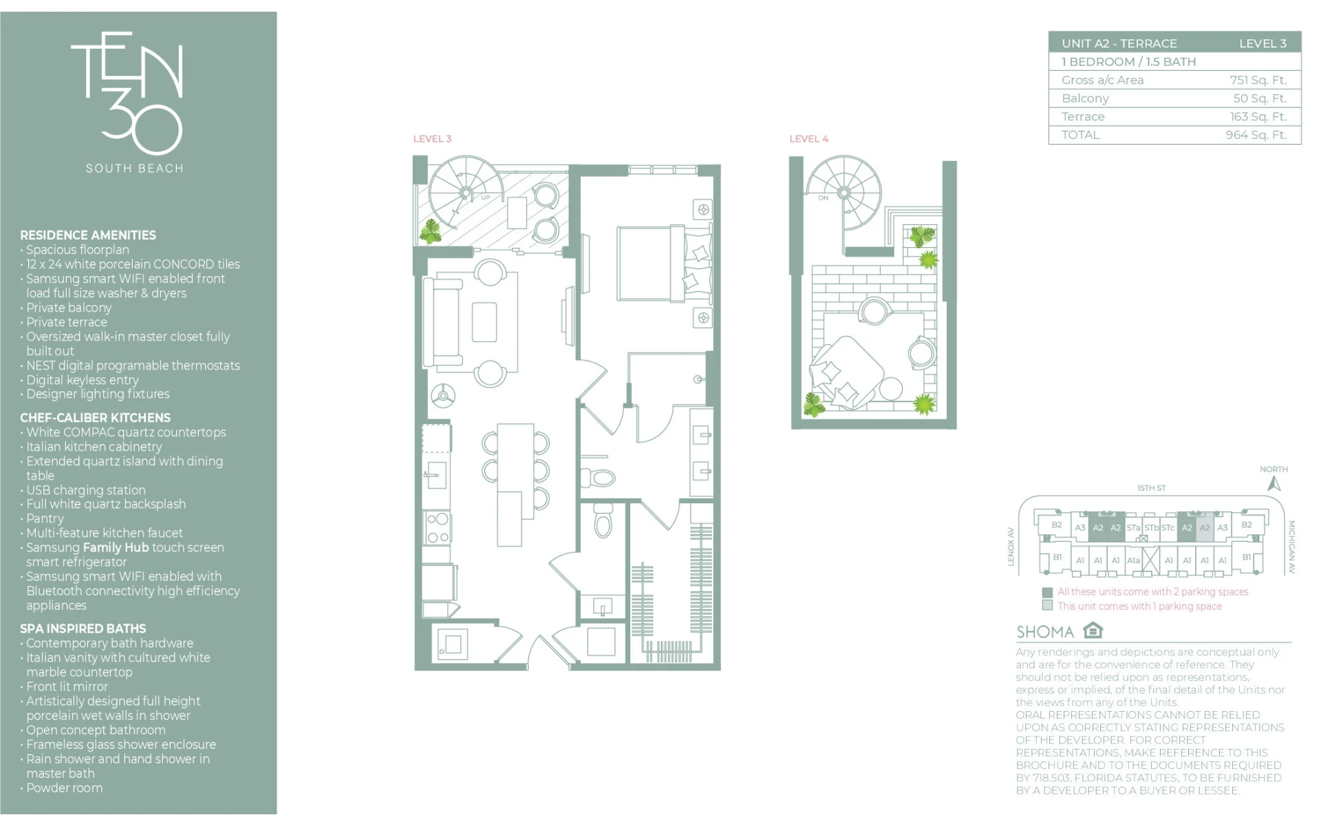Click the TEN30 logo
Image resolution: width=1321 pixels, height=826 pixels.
click(x=127, y=93)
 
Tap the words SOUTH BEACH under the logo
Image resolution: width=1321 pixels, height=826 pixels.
click(x=135, y=169)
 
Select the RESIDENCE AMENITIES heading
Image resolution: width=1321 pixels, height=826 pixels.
click(x=88, y=235)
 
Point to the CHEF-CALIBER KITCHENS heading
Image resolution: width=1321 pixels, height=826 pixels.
click(x=95, y=418)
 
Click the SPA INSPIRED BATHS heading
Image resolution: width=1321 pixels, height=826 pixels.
click(x=83, y=628)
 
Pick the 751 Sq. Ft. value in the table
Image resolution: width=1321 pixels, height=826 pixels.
click(x=1258, y=80)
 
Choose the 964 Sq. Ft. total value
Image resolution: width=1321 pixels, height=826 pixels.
click(x=1256, y=135)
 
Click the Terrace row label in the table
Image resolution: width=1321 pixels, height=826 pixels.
click(x=1083, y=117)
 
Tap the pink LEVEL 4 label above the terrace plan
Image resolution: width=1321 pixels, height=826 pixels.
click(x=808, y=139)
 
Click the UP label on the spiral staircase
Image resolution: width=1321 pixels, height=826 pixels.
click(x=486, y=198)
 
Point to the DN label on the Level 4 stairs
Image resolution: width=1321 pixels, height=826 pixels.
click(x=824, y=198)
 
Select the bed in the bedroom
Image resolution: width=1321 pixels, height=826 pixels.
click(x=664, y=263)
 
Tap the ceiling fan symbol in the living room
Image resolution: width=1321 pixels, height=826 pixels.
click(x=443, y=396)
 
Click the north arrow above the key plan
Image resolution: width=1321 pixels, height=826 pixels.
click(x=1274, y=484)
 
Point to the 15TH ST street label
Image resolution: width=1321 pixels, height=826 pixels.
click(x=1151, y=488)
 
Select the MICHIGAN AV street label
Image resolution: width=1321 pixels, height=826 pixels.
click(x=1291, y=547)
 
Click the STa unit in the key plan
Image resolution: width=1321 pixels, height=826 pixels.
click(x=1133, y=528)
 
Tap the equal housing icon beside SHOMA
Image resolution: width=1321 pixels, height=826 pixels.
click(x=1093, y=631)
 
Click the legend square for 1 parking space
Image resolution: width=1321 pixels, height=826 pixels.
click(x=1047, y=606)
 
